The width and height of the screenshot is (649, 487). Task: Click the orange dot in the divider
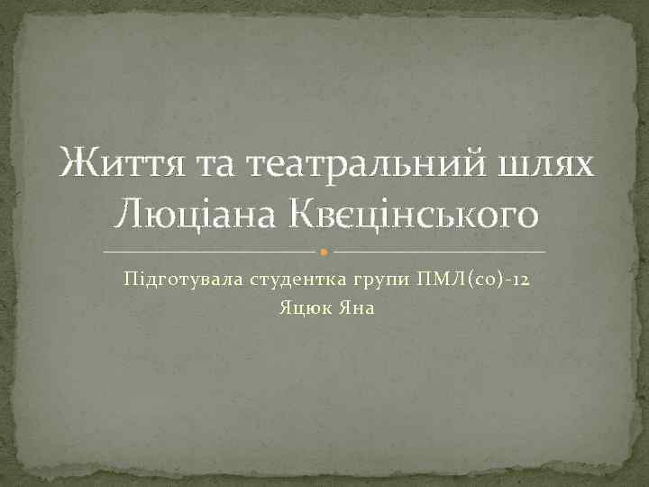(324, 250)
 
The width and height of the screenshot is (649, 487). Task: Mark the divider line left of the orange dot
(211, 250)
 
